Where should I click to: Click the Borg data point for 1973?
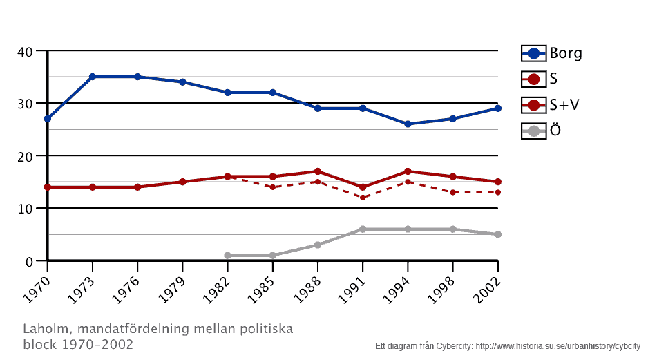pyautogui.click(x=93, y=77)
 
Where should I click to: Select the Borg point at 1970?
pyautogui.click(x=47, y=119)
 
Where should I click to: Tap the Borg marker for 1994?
pyautogui.click(x=408, y=124)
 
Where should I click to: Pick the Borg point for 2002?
pyautogui.click(x=497, y=108)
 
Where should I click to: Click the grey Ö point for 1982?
pyautogui.click(x=227, y=256)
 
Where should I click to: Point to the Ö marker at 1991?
pyautogui.click(x=363, y=229)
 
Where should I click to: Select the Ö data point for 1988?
pyautogui.click(x=318, y=245)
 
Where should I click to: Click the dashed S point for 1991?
pyautogui.click(x=363, y=198)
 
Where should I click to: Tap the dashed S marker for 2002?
pyautogui.click(x=497, y=192)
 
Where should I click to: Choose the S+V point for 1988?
pyautogui.click(x=318, y=171)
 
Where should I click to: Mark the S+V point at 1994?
pyautogui.click(x=408, y=171)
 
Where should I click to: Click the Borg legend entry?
pyautogui.click(x=552, y=53)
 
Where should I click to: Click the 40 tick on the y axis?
pyautogui.click(x=26, y=51)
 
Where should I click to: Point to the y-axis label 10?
pyautogui.click(x=26, y=209)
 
